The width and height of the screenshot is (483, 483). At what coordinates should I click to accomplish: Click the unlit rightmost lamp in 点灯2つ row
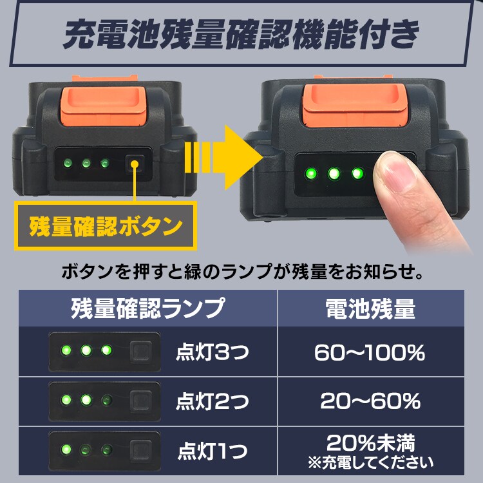tap(106, 400)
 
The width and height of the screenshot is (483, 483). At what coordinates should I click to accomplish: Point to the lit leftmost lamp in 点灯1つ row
tap(65, 449)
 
